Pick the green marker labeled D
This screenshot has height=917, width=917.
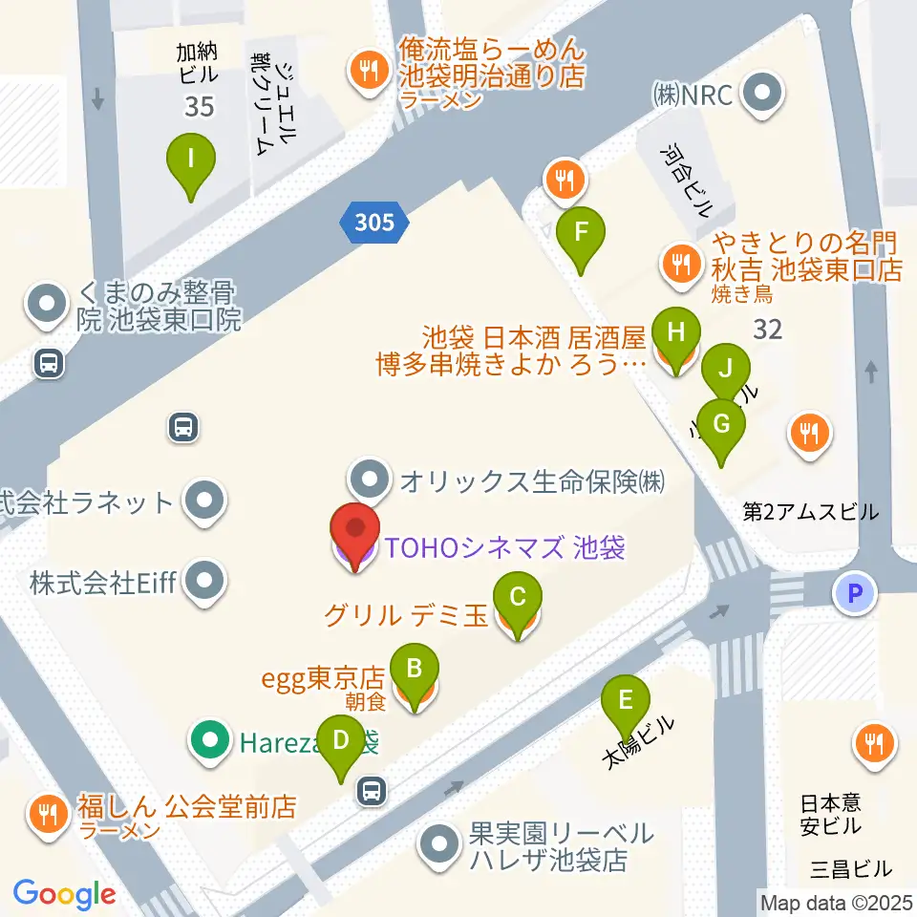(x=339, y=743)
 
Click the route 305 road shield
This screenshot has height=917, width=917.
(x=373, y=223)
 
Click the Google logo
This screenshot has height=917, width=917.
(x=64, y=894)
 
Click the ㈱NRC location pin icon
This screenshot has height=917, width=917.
(x=763, y=95)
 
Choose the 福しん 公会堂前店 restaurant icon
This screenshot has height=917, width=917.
(x=47, y=814)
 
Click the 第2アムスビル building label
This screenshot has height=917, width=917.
(x=811, y=512)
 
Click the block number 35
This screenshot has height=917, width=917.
(x=200, y=106)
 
